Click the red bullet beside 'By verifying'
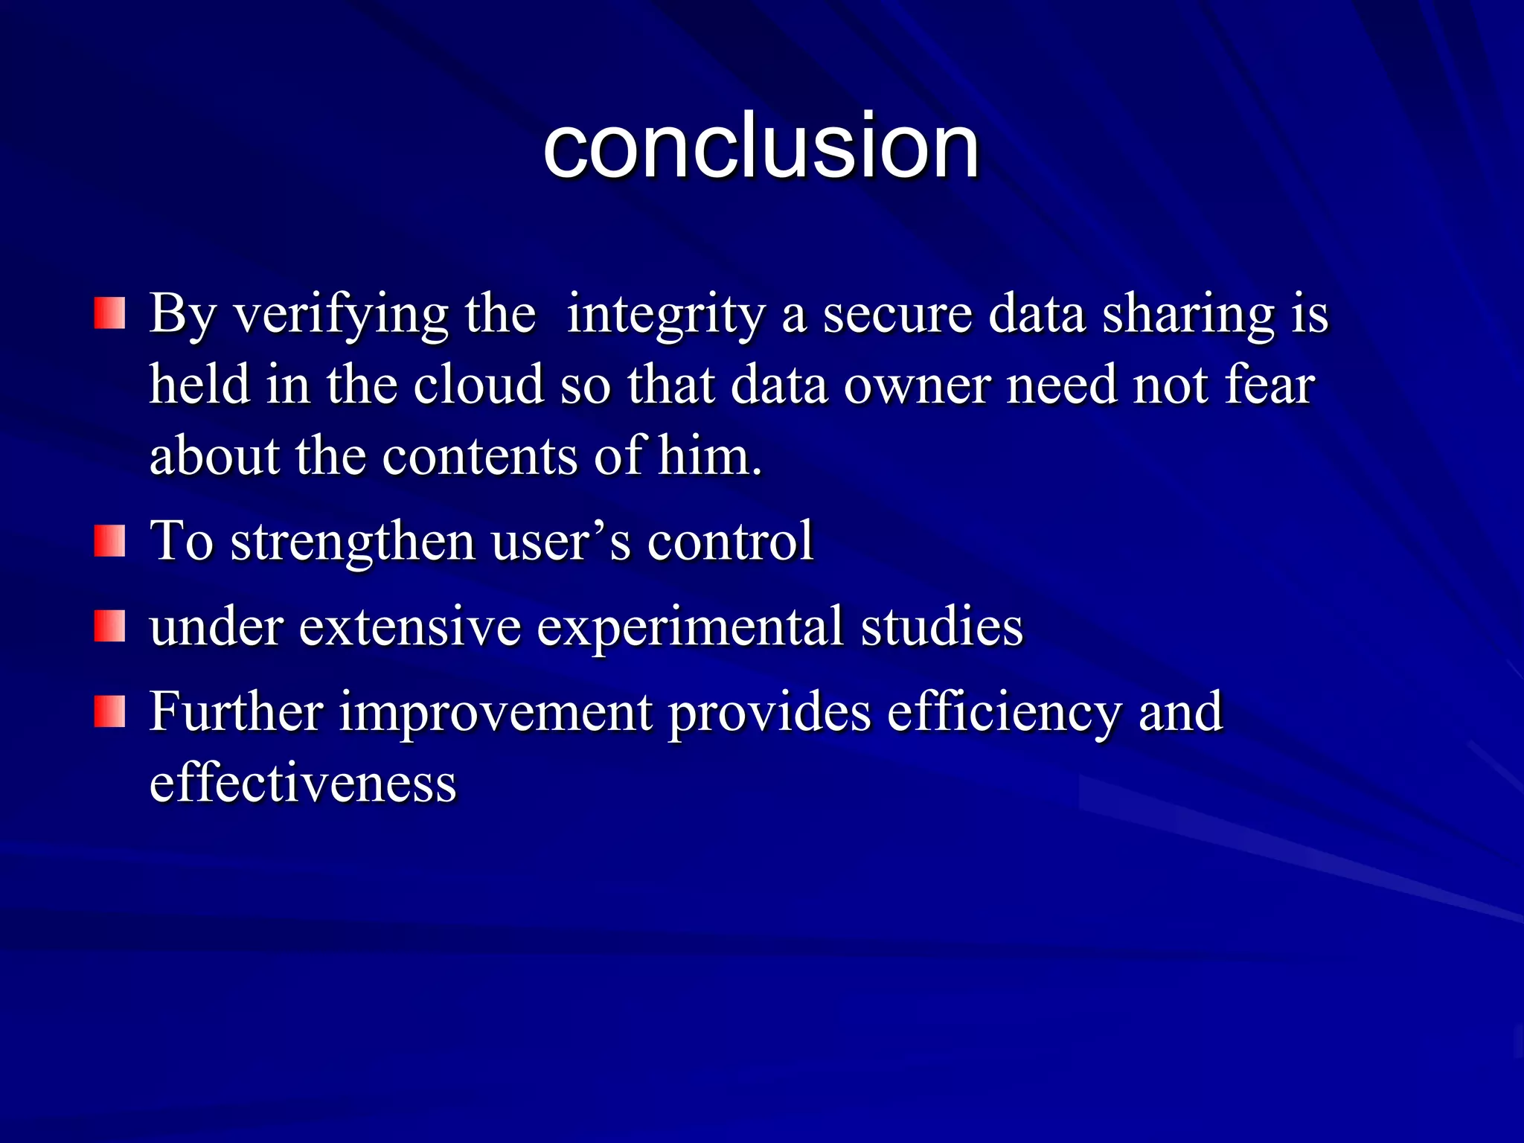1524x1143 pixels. (109, 313)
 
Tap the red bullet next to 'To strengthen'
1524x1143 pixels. (109, 540)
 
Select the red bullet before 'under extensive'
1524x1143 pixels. (109, 626)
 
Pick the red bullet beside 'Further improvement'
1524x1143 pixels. (109, 711)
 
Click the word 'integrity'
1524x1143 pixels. (665, 315)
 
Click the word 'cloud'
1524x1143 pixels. (478, 385)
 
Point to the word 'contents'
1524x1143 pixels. (479, 455)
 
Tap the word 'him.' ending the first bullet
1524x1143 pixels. (710, 455)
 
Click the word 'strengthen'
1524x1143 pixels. (353, 542)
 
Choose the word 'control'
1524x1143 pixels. (730, 541)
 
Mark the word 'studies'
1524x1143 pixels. (941, 627)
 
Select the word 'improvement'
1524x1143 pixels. (495, 713)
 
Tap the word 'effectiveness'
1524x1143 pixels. (303, 783)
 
